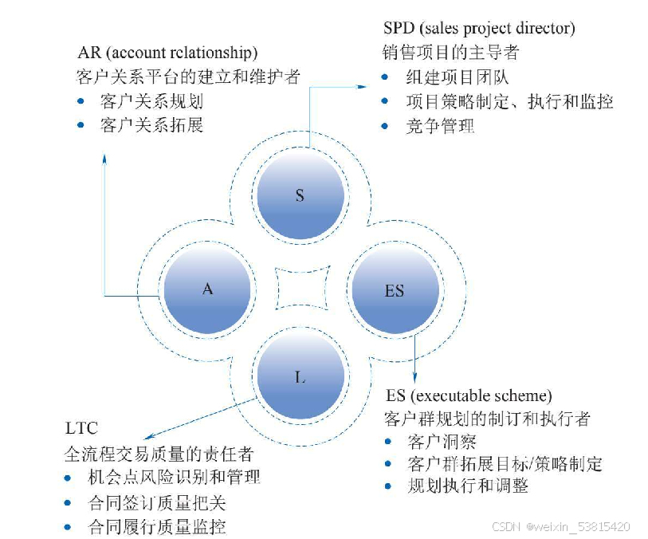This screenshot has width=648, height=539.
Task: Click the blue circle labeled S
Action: coord(300,195)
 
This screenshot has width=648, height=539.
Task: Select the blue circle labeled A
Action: coord(207,289)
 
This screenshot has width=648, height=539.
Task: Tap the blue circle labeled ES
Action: coord(395,291)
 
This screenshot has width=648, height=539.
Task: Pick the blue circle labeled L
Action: coord(300,377)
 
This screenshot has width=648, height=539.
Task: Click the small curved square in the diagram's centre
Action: coord(301,289)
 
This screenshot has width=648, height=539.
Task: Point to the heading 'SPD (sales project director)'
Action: coord(479,29)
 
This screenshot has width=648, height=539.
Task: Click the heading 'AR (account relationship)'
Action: coord(167,53)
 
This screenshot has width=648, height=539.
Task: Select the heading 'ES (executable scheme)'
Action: coord(469,395)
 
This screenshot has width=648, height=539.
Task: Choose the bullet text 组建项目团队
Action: coord(457,77)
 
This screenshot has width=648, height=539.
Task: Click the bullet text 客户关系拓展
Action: coord(151,126)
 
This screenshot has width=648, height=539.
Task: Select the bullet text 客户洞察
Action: coord(442,442)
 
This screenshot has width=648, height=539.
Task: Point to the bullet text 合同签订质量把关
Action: coord(156,503)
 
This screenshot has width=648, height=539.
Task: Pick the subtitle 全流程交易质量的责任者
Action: coord(159,454)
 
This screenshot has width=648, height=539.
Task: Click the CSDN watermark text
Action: coord(561,527)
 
